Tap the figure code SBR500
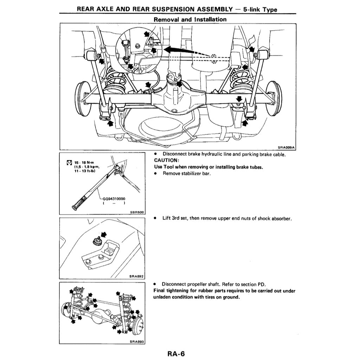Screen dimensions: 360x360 point(137,212)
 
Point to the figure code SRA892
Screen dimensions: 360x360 point(137,276)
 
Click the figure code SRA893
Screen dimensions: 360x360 point(137,341)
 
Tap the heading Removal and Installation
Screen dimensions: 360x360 point(190,19)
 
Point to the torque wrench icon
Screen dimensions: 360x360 point(69,162)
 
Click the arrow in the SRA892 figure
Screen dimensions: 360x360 point(103,234)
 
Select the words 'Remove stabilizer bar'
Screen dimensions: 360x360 point(186,173)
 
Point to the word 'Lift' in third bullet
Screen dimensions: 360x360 point(167,218)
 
